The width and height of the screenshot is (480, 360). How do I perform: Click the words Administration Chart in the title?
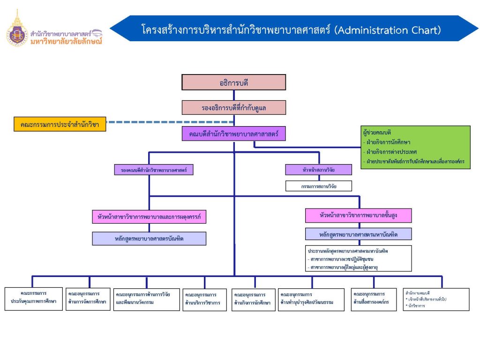pos(389,30)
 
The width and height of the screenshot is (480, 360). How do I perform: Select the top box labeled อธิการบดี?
pos(233,82)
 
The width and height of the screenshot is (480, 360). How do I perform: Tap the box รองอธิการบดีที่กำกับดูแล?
pos(233,107)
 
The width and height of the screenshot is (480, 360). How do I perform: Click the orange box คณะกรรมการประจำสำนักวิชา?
pos(60,125)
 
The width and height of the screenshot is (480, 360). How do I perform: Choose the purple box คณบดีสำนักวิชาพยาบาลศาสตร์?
pos(233,134)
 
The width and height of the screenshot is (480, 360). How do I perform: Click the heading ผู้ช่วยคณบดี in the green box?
pos(378,133)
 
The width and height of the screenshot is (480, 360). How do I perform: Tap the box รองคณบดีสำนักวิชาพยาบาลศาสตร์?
pos(153,170)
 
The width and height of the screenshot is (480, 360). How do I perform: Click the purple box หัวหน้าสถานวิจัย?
pos(319,170)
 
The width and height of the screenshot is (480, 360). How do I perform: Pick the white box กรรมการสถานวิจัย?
pos(319,186)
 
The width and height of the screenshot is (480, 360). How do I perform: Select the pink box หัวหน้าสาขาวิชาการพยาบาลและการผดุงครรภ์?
pos(149,217)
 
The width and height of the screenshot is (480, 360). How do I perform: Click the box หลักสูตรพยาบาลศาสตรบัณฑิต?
pos(149,239)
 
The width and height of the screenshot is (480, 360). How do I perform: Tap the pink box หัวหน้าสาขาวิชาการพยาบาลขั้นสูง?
pos(359,215)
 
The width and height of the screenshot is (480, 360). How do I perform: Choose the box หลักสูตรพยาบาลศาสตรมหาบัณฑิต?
pos(359,233)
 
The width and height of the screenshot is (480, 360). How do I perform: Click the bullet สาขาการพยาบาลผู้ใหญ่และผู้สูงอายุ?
pos(345,266)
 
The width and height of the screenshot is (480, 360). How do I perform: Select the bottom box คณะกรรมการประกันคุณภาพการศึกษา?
pos(33,298)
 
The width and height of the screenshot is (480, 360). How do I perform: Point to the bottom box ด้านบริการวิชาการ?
pos(204,299)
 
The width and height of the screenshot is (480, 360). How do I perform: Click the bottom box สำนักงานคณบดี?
pos(436,299)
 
